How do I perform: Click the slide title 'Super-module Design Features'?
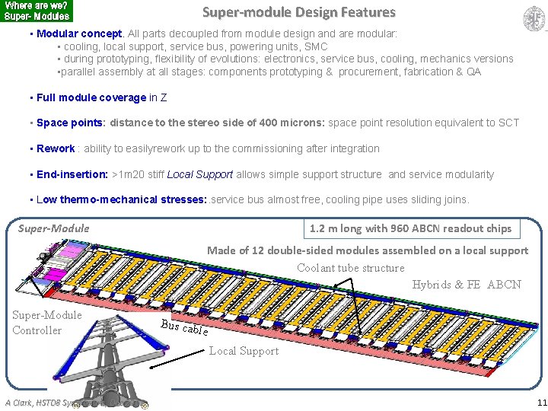[x=298, y=12]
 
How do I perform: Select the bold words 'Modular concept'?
[x=79, y=34]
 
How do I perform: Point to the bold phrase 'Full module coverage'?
[x=91, y=97]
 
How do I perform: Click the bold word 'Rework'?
[x=56, y=148]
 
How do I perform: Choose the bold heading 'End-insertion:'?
[x=72, y=174]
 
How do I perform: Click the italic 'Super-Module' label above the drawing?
[x=53, y=228]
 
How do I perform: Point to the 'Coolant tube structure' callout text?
[x=350, y=268]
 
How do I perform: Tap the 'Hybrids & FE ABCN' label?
[x=466, y=285]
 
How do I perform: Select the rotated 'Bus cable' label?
[x=184, y=327]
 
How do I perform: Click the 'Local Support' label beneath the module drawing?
[x=244, y=351]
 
